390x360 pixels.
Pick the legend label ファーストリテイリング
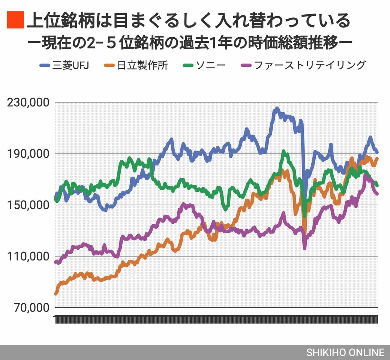tap(309, 65)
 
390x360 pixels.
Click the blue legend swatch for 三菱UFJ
tap(45, 66)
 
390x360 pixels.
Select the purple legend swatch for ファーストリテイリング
tap(246, 66)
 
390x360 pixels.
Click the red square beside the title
tap(15, 20)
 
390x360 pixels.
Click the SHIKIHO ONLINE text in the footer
tap(345, 352)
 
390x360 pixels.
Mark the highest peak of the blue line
tap(277, 108)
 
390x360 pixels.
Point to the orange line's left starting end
tap(56, 294)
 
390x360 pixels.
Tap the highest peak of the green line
tap(283, 151)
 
